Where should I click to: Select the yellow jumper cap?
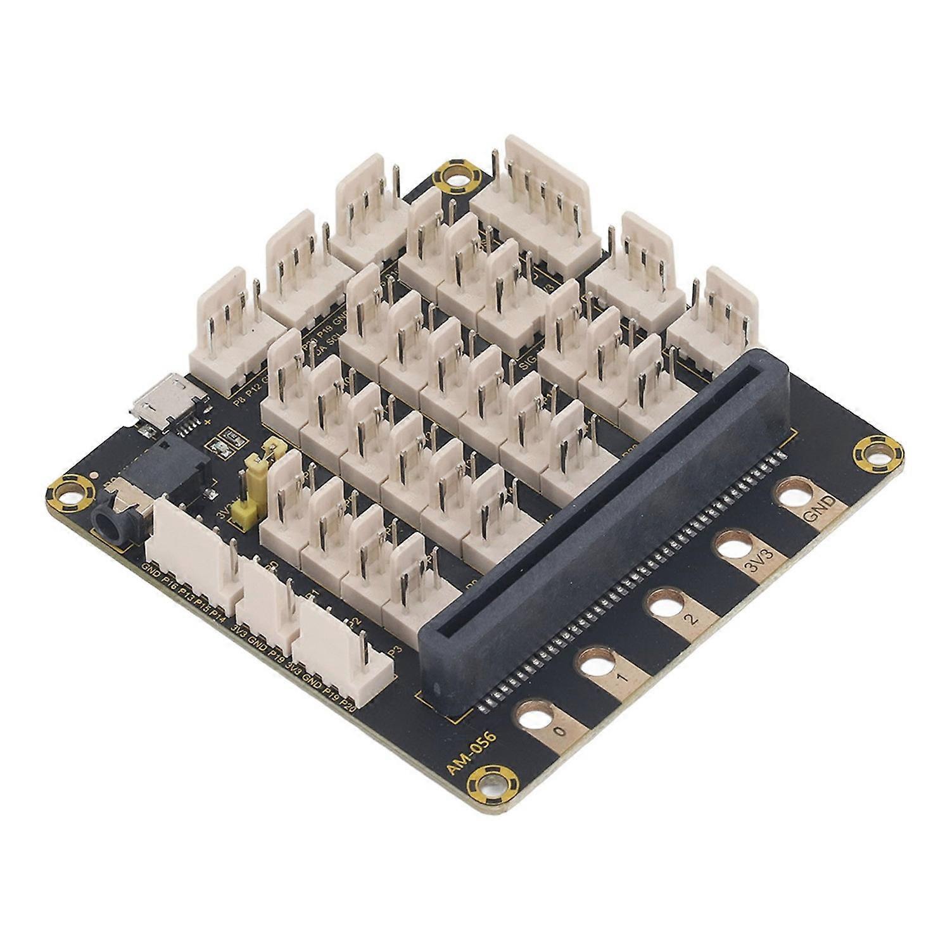[243, 512]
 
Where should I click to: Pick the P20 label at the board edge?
[348, 703]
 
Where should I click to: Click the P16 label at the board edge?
[171, 583]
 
